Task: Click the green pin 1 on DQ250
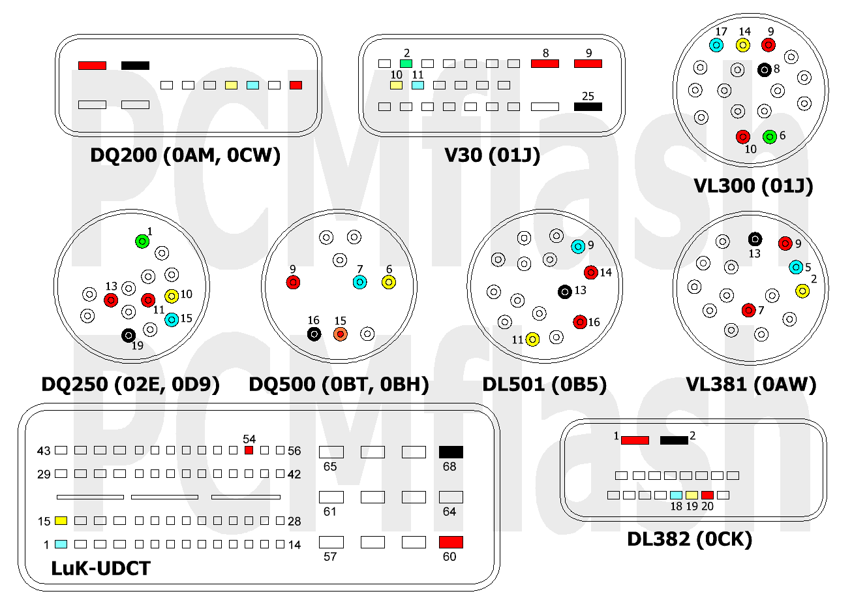(x=142, y=242)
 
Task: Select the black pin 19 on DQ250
(x=129, y=335)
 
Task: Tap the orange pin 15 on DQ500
(x=340, y=334)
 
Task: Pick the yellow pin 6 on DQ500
(x=389, y=282)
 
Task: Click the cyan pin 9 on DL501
(x=577, y=247)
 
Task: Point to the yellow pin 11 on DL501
(x=533, y=339)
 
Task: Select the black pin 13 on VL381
(x=755, y=240)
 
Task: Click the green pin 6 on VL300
(x=769, y=136)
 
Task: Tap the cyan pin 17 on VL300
(x=717, y=44)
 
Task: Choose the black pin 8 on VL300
(x=765, y=69)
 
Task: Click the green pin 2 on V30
(x=406, y=64)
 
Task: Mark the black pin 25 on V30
(x=588, y=106)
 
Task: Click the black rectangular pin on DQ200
(x=135, y=65)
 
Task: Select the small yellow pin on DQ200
(x=231, y=85)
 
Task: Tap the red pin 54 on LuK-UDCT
(x=249, y=450)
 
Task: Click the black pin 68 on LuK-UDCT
(x=451, y=452)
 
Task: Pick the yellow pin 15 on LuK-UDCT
(x=61, y=520)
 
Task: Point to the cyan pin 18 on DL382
(x=676, y=495)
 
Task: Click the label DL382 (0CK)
(x=690, y=539)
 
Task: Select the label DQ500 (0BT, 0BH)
(x=339, y=385)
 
